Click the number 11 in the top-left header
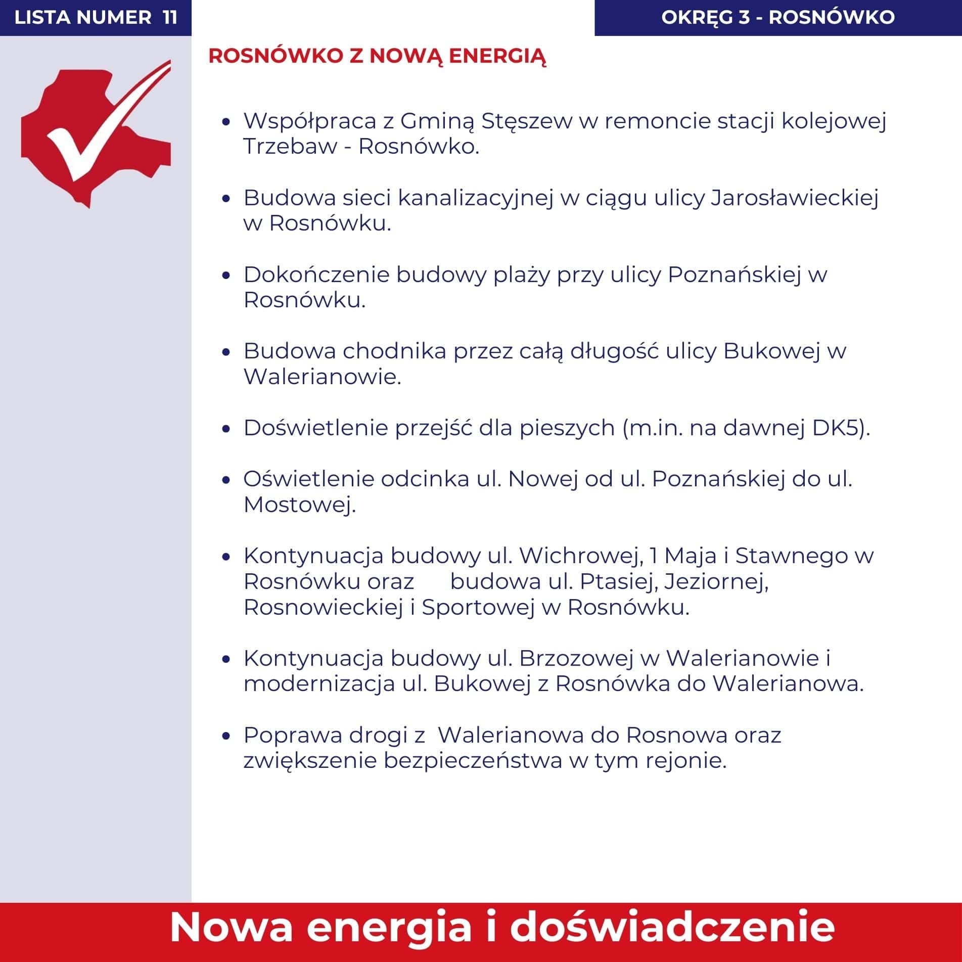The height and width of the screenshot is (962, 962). click(x=170, y=18)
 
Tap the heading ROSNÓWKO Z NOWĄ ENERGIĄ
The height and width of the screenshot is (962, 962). click(x=377, y=57)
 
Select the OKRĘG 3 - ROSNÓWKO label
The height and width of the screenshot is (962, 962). click(x=778, y=18)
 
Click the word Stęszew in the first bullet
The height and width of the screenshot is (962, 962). click(x=526, y=121)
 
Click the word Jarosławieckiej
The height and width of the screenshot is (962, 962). click(x=795, y=198)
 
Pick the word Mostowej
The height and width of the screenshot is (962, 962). click(x=299, y=505)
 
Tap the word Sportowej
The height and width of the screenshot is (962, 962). click(x=478, y=608)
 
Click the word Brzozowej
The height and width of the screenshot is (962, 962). click(x=576, y=659)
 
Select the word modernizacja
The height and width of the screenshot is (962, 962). click(x=319, y=684)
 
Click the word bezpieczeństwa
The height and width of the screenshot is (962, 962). click(x=473, y=761)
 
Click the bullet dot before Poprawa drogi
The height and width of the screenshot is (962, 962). click(x=226, y=736)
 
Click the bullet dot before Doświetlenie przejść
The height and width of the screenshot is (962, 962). click(x=226, y=429)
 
